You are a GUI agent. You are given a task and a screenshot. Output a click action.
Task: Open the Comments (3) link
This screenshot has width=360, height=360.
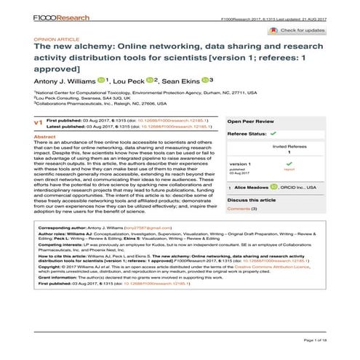[242, 209]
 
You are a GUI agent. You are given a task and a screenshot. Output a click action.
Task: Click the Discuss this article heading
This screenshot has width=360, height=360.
[252, 199]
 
